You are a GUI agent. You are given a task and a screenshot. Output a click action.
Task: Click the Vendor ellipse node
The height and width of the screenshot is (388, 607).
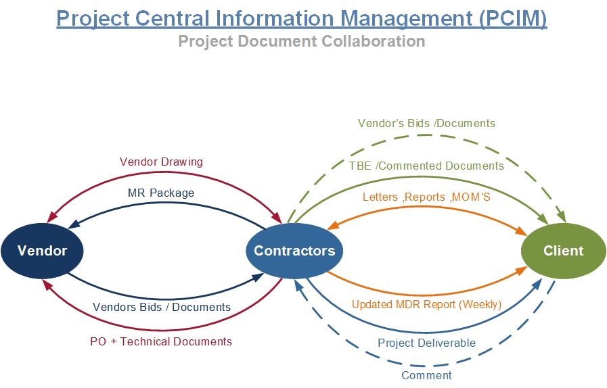[x=43, y=251]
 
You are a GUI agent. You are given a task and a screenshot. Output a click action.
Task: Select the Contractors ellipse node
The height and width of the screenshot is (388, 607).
[x=294, y=251]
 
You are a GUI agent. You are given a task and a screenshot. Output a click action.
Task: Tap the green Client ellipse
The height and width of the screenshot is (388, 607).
[x=563, y=251]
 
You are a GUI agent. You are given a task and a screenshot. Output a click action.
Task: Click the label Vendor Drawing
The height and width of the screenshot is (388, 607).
[x=161, y=162]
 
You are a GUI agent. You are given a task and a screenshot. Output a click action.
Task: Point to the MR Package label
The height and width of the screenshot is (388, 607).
[x=161, y=193]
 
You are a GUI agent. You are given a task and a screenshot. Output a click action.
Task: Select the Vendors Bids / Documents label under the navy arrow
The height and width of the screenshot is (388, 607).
[x=162, y=307]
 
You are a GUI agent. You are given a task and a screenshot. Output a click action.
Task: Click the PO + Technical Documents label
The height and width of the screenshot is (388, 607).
[x=161, y=341]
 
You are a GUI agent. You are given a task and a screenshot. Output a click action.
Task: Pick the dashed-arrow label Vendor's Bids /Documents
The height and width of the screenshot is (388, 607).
[x=426, y=124]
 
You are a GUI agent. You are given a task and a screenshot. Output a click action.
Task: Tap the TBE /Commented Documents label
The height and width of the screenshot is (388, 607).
[x=426, y=166]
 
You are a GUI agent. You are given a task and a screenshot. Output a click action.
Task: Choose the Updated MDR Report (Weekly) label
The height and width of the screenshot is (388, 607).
[x=426, y=304]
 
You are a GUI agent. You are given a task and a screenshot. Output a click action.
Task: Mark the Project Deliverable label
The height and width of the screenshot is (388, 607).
[x=426, y=343]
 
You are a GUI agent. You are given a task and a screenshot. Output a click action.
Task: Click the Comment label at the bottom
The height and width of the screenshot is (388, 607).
[x=426, y=375]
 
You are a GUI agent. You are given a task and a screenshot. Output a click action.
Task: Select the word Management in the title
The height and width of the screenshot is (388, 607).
[x=403, y=18]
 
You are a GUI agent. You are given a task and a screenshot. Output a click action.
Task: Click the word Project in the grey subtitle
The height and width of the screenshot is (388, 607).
[x=203, y=41]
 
